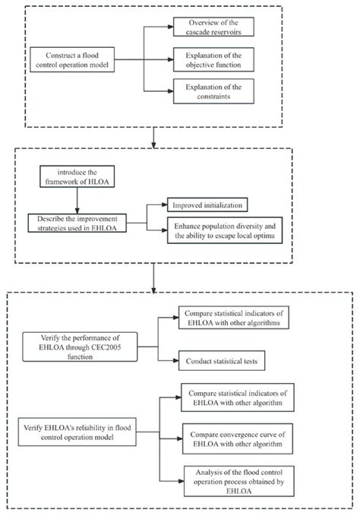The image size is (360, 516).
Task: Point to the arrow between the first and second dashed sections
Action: pos(154,135)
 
